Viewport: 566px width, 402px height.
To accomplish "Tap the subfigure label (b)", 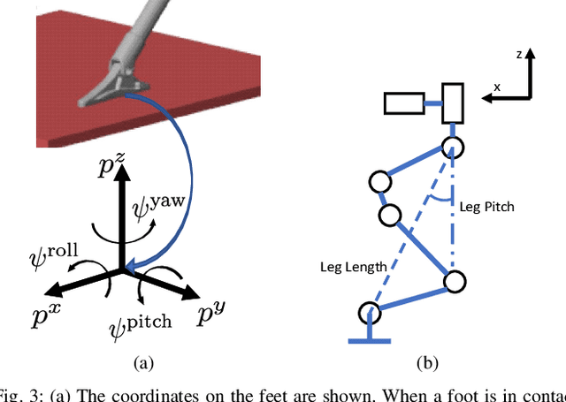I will [426, 362].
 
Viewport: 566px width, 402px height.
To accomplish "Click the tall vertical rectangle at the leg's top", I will [453, 104].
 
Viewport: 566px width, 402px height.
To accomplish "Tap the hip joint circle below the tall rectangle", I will [453, 147].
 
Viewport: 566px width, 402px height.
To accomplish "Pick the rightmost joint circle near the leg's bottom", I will [454, 283].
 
